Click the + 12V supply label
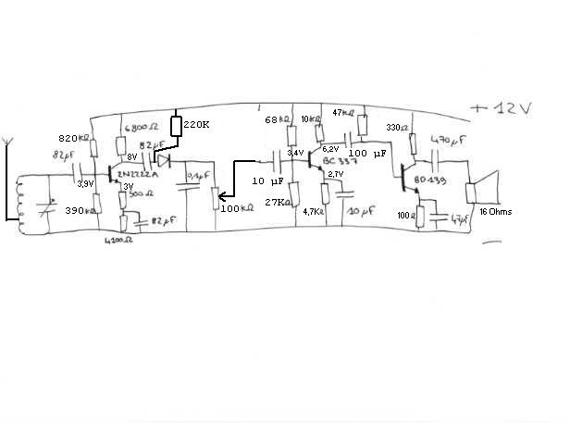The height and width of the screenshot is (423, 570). point(500,109)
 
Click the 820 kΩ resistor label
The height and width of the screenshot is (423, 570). point(74,139)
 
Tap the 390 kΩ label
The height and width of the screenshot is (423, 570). point(76,211)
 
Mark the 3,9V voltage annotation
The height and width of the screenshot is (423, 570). point(84,184)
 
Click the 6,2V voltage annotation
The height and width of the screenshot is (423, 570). point(331,148)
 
